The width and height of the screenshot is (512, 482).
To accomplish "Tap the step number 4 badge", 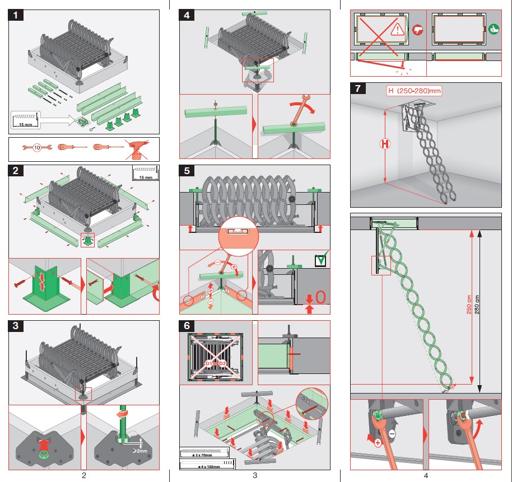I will (187, 16).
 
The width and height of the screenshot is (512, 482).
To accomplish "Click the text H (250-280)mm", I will (414, 91).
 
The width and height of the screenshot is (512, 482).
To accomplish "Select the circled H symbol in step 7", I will (385, 144).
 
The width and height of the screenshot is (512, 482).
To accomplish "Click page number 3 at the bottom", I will (254, 476).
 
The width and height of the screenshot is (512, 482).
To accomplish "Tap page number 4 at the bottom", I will (426, 476).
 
